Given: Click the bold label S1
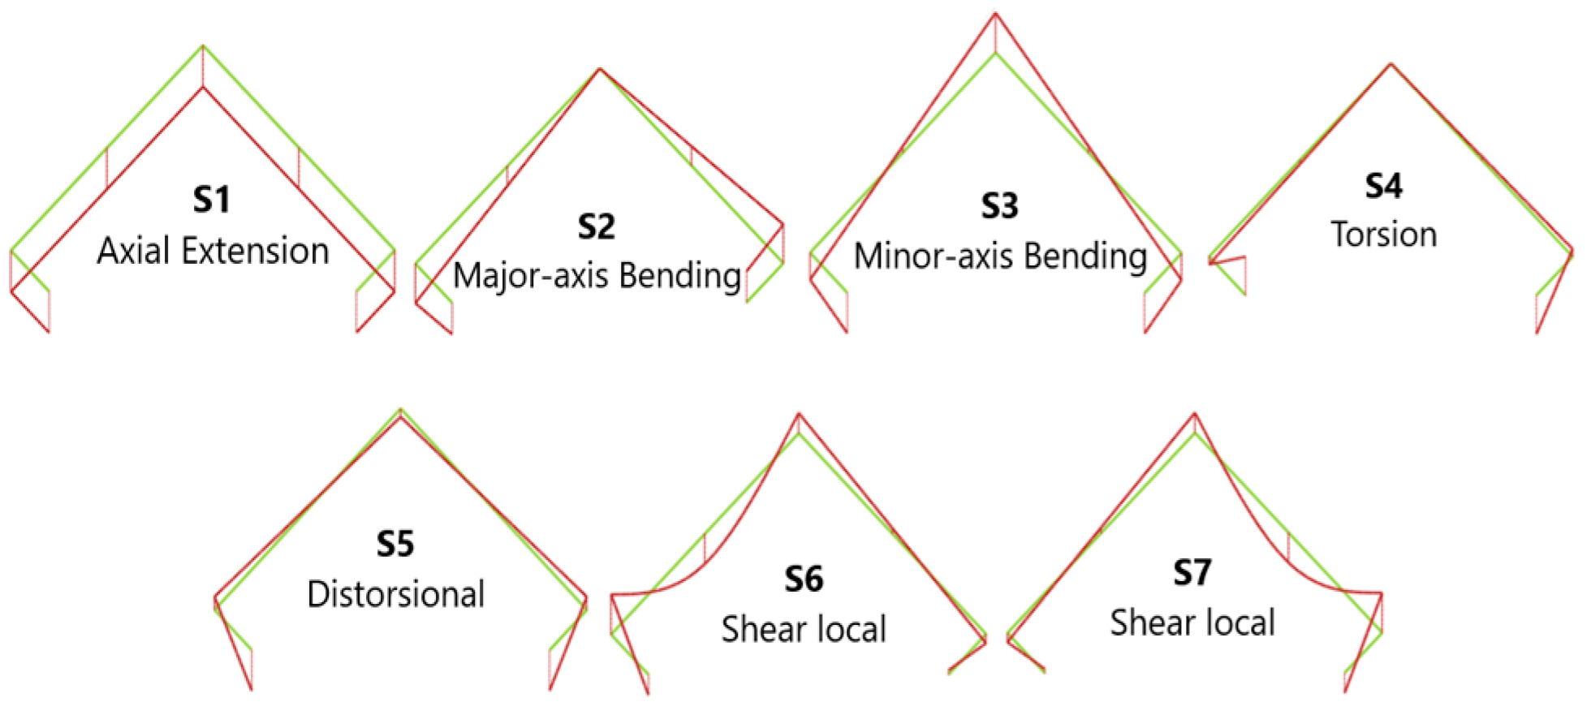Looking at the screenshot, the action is pyautogui.click(x=211, y=200).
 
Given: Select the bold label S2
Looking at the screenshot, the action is pyautogui.click(x=597, y=226).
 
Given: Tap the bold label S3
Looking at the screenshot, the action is pyautogui.click(x=999, y=206).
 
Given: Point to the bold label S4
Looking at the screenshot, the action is pyautogui.click(x=1383, y=186).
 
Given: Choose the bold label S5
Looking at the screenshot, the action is pyautogui.click(x=395, y=544).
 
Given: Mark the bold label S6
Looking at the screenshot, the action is pyautogui.click(x=804, y=579).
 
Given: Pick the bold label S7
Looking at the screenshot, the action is pyautogui.click(x=1192, y=573).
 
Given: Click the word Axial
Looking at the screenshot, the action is pyautogui.click(x=135, y=251).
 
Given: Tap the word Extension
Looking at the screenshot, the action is pyautogui.click(x=256, y=251).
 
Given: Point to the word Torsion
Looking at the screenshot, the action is pyautogui.click(x=1384, y=235).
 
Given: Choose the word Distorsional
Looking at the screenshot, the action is pyautogui.click(x=396, y=594).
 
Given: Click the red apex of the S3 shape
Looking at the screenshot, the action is pyautogui.click(x=996, y=13).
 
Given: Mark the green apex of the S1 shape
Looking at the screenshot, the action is pyautogui.click(x=203, y=45).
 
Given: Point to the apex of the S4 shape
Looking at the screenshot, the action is pyautogui.click(x=1391, y=63).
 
